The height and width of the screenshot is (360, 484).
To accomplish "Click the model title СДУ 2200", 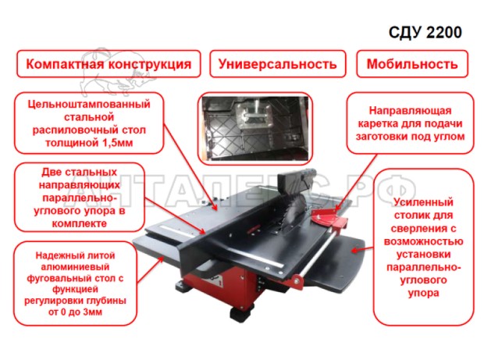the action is [x=425, y=32].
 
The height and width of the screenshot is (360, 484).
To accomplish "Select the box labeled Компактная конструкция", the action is [x=109, y=64].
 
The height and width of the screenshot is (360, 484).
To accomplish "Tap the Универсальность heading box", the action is [x=277, y=64].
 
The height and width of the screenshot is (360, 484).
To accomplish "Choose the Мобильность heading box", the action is [x=412, y=64].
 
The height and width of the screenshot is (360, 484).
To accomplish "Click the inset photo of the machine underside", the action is [x=255, y=128].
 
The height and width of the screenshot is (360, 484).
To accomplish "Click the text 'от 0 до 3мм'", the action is [x=75, y=312].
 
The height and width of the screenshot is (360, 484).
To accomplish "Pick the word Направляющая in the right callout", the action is [x=410, y=110].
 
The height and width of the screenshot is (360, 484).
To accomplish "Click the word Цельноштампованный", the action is [x=89, y=104].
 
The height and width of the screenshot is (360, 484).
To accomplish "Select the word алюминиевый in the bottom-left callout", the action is [x=75, y=267].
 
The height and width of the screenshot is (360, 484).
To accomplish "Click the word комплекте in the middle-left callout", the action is [x=80, y=223].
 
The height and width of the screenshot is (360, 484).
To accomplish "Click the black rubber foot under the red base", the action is [x=242, y=312].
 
